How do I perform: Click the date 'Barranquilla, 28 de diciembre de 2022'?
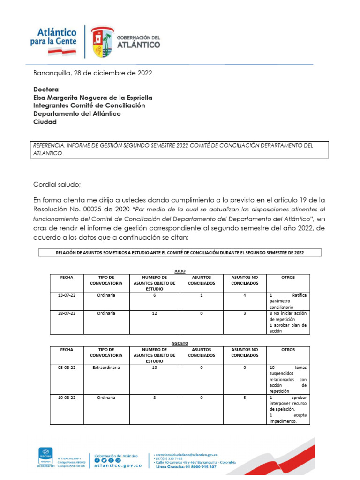(92, 73)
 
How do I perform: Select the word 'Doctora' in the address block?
(46, 89)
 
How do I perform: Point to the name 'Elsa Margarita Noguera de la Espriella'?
(92, 97)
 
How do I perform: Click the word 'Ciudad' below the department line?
(45, 122)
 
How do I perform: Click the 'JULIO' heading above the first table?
(180, 271)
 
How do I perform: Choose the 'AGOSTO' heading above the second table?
(180, 343)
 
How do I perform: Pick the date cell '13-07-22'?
(67, 296)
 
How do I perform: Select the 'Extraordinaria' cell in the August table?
(106, 368)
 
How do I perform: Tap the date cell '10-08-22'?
(67, 397)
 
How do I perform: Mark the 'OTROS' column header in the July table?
(288, 277)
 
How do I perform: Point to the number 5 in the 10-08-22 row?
(245, 397)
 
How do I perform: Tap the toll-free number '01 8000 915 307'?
(197, 467)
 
